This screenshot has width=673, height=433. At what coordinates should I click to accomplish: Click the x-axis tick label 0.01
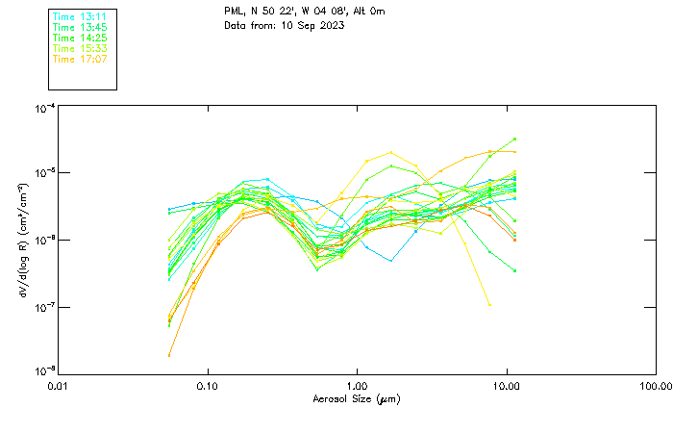[59, 386]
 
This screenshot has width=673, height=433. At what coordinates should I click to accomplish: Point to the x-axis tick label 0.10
[208, 386]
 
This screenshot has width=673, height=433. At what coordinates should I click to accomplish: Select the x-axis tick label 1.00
[358, 386]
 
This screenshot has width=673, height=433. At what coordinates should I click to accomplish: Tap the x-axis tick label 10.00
[507, 386]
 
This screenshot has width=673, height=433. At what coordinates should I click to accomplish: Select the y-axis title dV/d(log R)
[22, 241]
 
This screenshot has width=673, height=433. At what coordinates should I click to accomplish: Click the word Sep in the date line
[304, 25]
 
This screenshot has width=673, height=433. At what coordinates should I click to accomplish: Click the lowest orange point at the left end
[169, 355]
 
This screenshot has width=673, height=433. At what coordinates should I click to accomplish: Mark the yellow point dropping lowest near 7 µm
[489, 304]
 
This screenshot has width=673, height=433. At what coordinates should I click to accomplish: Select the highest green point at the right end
[515, 139]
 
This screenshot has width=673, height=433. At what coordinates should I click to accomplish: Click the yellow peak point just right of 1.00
[390, 152]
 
